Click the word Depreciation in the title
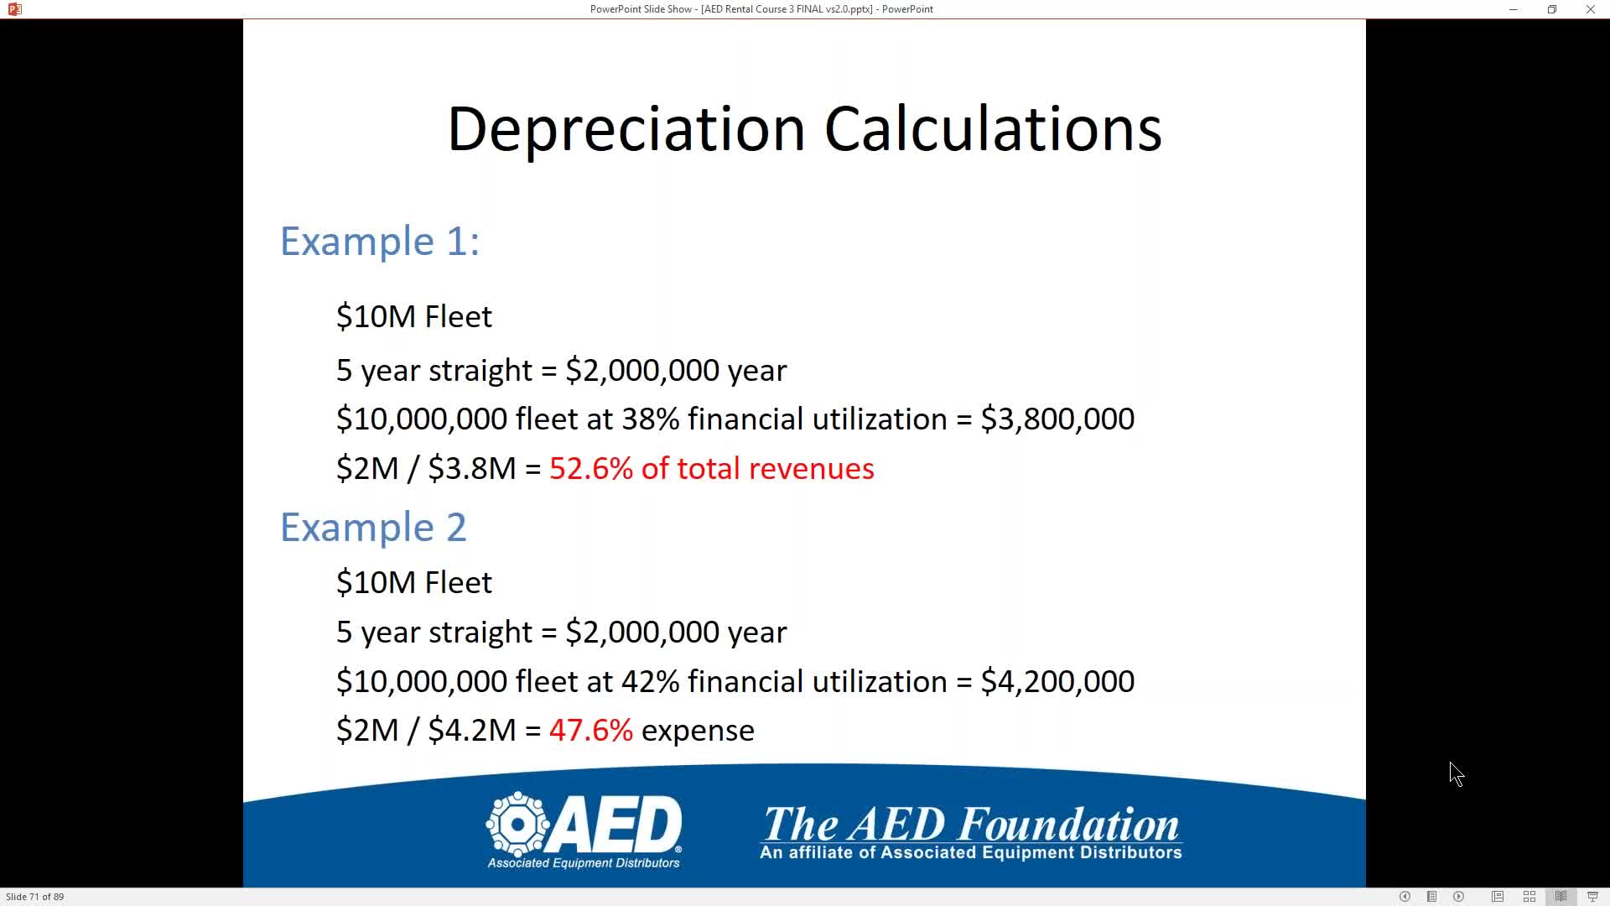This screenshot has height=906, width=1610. coord(626,129)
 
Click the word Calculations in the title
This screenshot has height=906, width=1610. coord(993,129)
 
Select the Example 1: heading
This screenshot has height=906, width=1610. coord(380,242)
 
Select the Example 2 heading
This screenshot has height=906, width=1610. coord(373,528)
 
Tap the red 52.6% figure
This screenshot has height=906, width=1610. coord(591,468)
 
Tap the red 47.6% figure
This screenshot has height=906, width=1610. coord(591,730)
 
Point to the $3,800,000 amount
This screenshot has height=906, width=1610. coord(1057,419)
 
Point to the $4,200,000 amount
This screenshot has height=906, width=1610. coord(1057,681)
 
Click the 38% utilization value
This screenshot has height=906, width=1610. coord(650,419)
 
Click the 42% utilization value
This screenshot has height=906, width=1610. coord(650,681)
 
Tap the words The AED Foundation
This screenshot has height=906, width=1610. coord(971,824)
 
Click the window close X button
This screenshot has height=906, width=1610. coord(1590,9)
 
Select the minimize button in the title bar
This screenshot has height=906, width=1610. coord(1514,9)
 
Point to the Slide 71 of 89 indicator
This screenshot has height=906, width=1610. coord(35,897)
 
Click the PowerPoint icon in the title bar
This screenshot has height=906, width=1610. coord(14,9)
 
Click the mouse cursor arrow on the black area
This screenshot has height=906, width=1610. coord(1456,773)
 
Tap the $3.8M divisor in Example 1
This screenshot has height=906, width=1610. coord(472,468)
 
